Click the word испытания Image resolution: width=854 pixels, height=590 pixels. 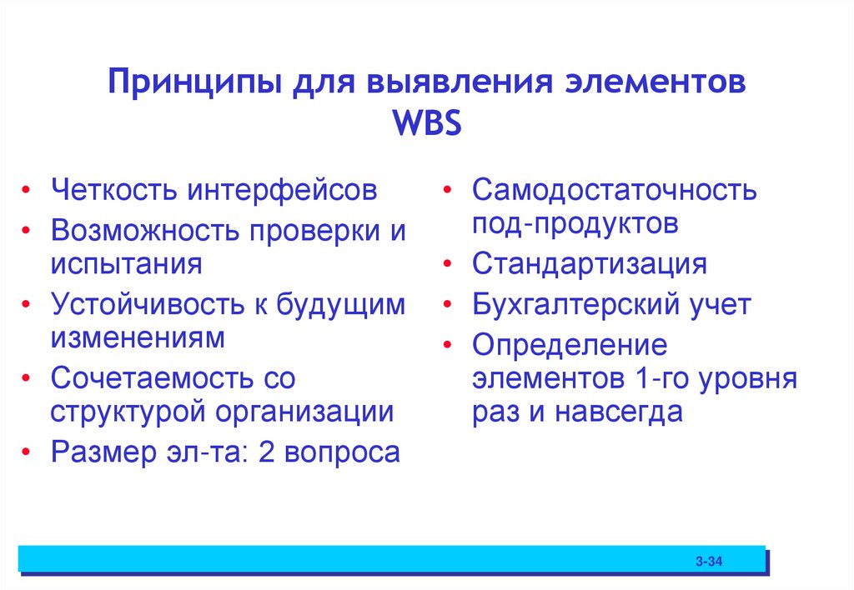tap(126, 263)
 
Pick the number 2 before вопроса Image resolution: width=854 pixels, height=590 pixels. tap(266, 452)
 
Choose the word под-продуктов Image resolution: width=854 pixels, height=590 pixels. tap(575, 223)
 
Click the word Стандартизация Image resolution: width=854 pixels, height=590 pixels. tap(589, 264)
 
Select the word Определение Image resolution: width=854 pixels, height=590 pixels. tap(570, 345)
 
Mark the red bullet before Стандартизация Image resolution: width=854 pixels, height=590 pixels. tap(449, 265)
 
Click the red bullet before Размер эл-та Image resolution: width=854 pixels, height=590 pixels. tap(28, 453)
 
